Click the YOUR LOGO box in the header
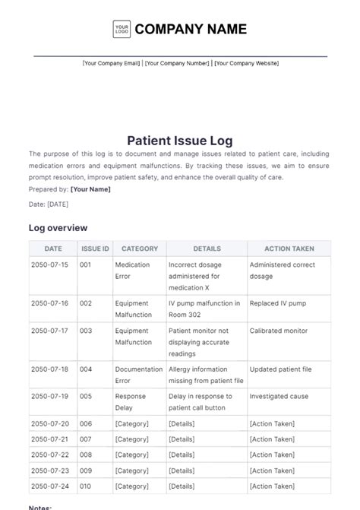[121, 29]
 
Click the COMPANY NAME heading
[191, 30]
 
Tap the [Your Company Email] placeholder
[111, 63]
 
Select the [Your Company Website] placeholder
[246, 63]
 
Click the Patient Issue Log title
[180, 140]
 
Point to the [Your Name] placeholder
[90, 189]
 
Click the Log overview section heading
[58, 227]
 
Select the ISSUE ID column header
[95, 249]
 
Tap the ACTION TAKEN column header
[289, 249]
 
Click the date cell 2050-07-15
[50, 265]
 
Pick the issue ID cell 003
[86, 331]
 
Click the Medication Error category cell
[132, 270]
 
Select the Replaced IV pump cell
[277, 303]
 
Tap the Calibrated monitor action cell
[278, 331]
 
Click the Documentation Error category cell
[138, 375]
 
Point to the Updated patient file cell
[280, 369]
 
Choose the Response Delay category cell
[130, 402]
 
